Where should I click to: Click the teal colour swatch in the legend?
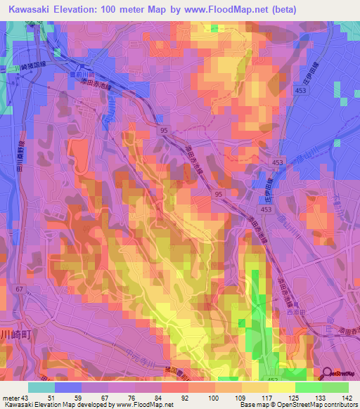[x=41, y=387]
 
